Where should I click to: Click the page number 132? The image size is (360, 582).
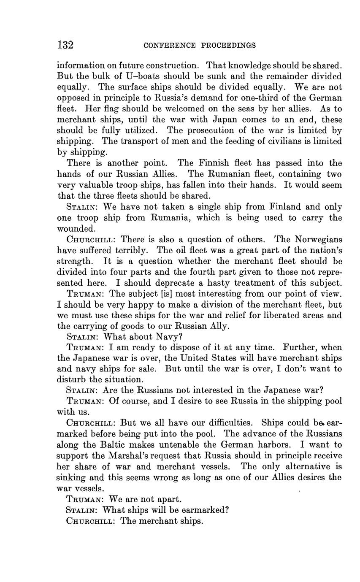click(x=65, y=45)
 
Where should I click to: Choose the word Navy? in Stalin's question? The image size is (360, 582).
click(x=169, y=337)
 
